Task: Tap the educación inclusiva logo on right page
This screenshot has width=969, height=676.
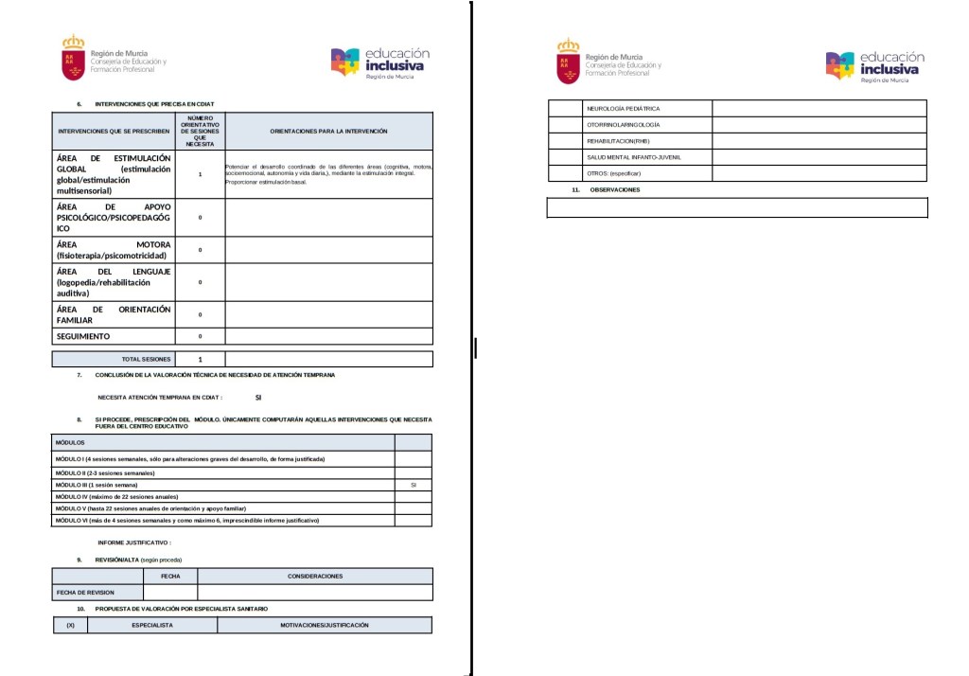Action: (873, 65)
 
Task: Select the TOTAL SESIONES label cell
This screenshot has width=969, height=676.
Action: (147, 360)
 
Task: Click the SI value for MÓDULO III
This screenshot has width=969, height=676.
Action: (413, 485)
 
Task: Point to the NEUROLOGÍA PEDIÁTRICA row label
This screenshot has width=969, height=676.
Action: (623, 109)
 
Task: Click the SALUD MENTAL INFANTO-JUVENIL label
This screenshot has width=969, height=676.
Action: (634, 157)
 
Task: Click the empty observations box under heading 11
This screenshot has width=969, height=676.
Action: (736, 207)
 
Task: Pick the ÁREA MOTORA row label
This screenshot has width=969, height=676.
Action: (114, 250)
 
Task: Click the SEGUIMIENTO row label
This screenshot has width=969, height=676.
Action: (83, 336)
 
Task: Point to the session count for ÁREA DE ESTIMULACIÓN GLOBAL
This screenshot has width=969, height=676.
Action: (200, 175)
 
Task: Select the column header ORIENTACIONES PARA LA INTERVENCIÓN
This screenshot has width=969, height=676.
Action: (328, 131)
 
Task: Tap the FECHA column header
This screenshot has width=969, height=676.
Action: (170, 576)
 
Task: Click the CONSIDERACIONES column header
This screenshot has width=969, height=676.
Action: (315, 576)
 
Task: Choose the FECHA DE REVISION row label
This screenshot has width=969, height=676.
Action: (85, 593)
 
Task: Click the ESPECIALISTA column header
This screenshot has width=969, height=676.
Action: (151, 625)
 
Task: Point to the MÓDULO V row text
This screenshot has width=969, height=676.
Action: (150, 508)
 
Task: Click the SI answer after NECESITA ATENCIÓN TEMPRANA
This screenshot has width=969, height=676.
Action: (257, 399)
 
